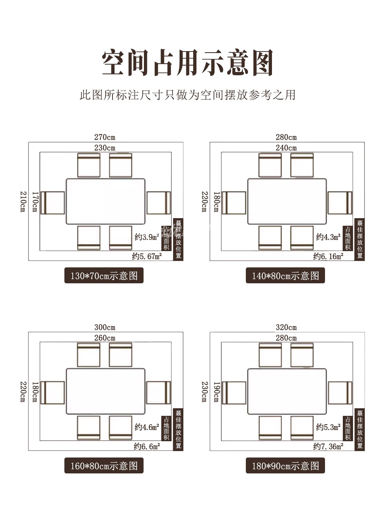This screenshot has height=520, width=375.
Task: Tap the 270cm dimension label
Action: click(105, 137)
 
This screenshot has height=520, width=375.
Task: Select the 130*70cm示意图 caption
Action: click(104, 276)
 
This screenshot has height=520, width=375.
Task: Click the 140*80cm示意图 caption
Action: click(285, 276)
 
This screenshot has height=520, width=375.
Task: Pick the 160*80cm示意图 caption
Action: click(104, 466)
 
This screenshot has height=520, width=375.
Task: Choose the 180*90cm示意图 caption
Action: click(285, 466)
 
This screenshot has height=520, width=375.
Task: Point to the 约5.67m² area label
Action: click(147, 256)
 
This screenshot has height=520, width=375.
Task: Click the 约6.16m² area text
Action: click(328, 256)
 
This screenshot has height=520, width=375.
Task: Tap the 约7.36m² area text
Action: click(328, 447)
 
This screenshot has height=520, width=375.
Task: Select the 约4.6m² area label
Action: click(147, 427)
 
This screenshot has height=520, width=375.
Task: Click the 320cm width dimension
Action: click(286, 327)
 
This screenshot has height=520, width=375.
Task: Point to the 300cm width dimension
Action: click(105, 327)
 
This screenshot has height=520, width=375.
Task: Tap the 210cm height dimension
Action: click(23, 201)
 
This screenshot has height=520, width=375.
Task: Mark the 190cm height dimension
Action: click(216, 392)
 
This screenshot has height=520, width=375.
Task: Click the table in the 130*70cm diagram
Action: click(106, 201)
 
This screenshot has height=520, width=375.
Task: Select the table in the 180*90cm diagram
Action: click(287, 391)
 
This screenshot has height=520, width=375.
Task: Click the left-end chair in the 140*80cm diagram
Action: click(234, 203)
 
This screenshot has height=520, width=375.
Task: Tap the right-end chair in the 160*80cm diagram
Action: click(158, 393)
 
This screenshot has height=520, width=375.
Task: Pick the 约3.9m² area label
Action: click(147, 237)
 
